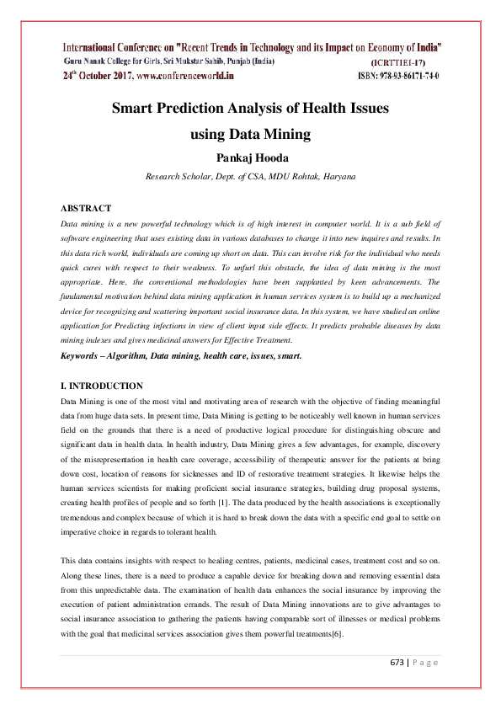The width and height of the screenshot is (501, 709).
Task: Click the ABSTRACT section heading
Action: point(86,207)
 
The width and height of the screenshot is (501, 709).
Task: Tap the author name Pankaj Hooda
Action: point(250,157)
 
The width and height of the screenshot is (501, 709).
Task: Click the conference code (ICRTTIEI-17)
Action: point(405,62)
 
